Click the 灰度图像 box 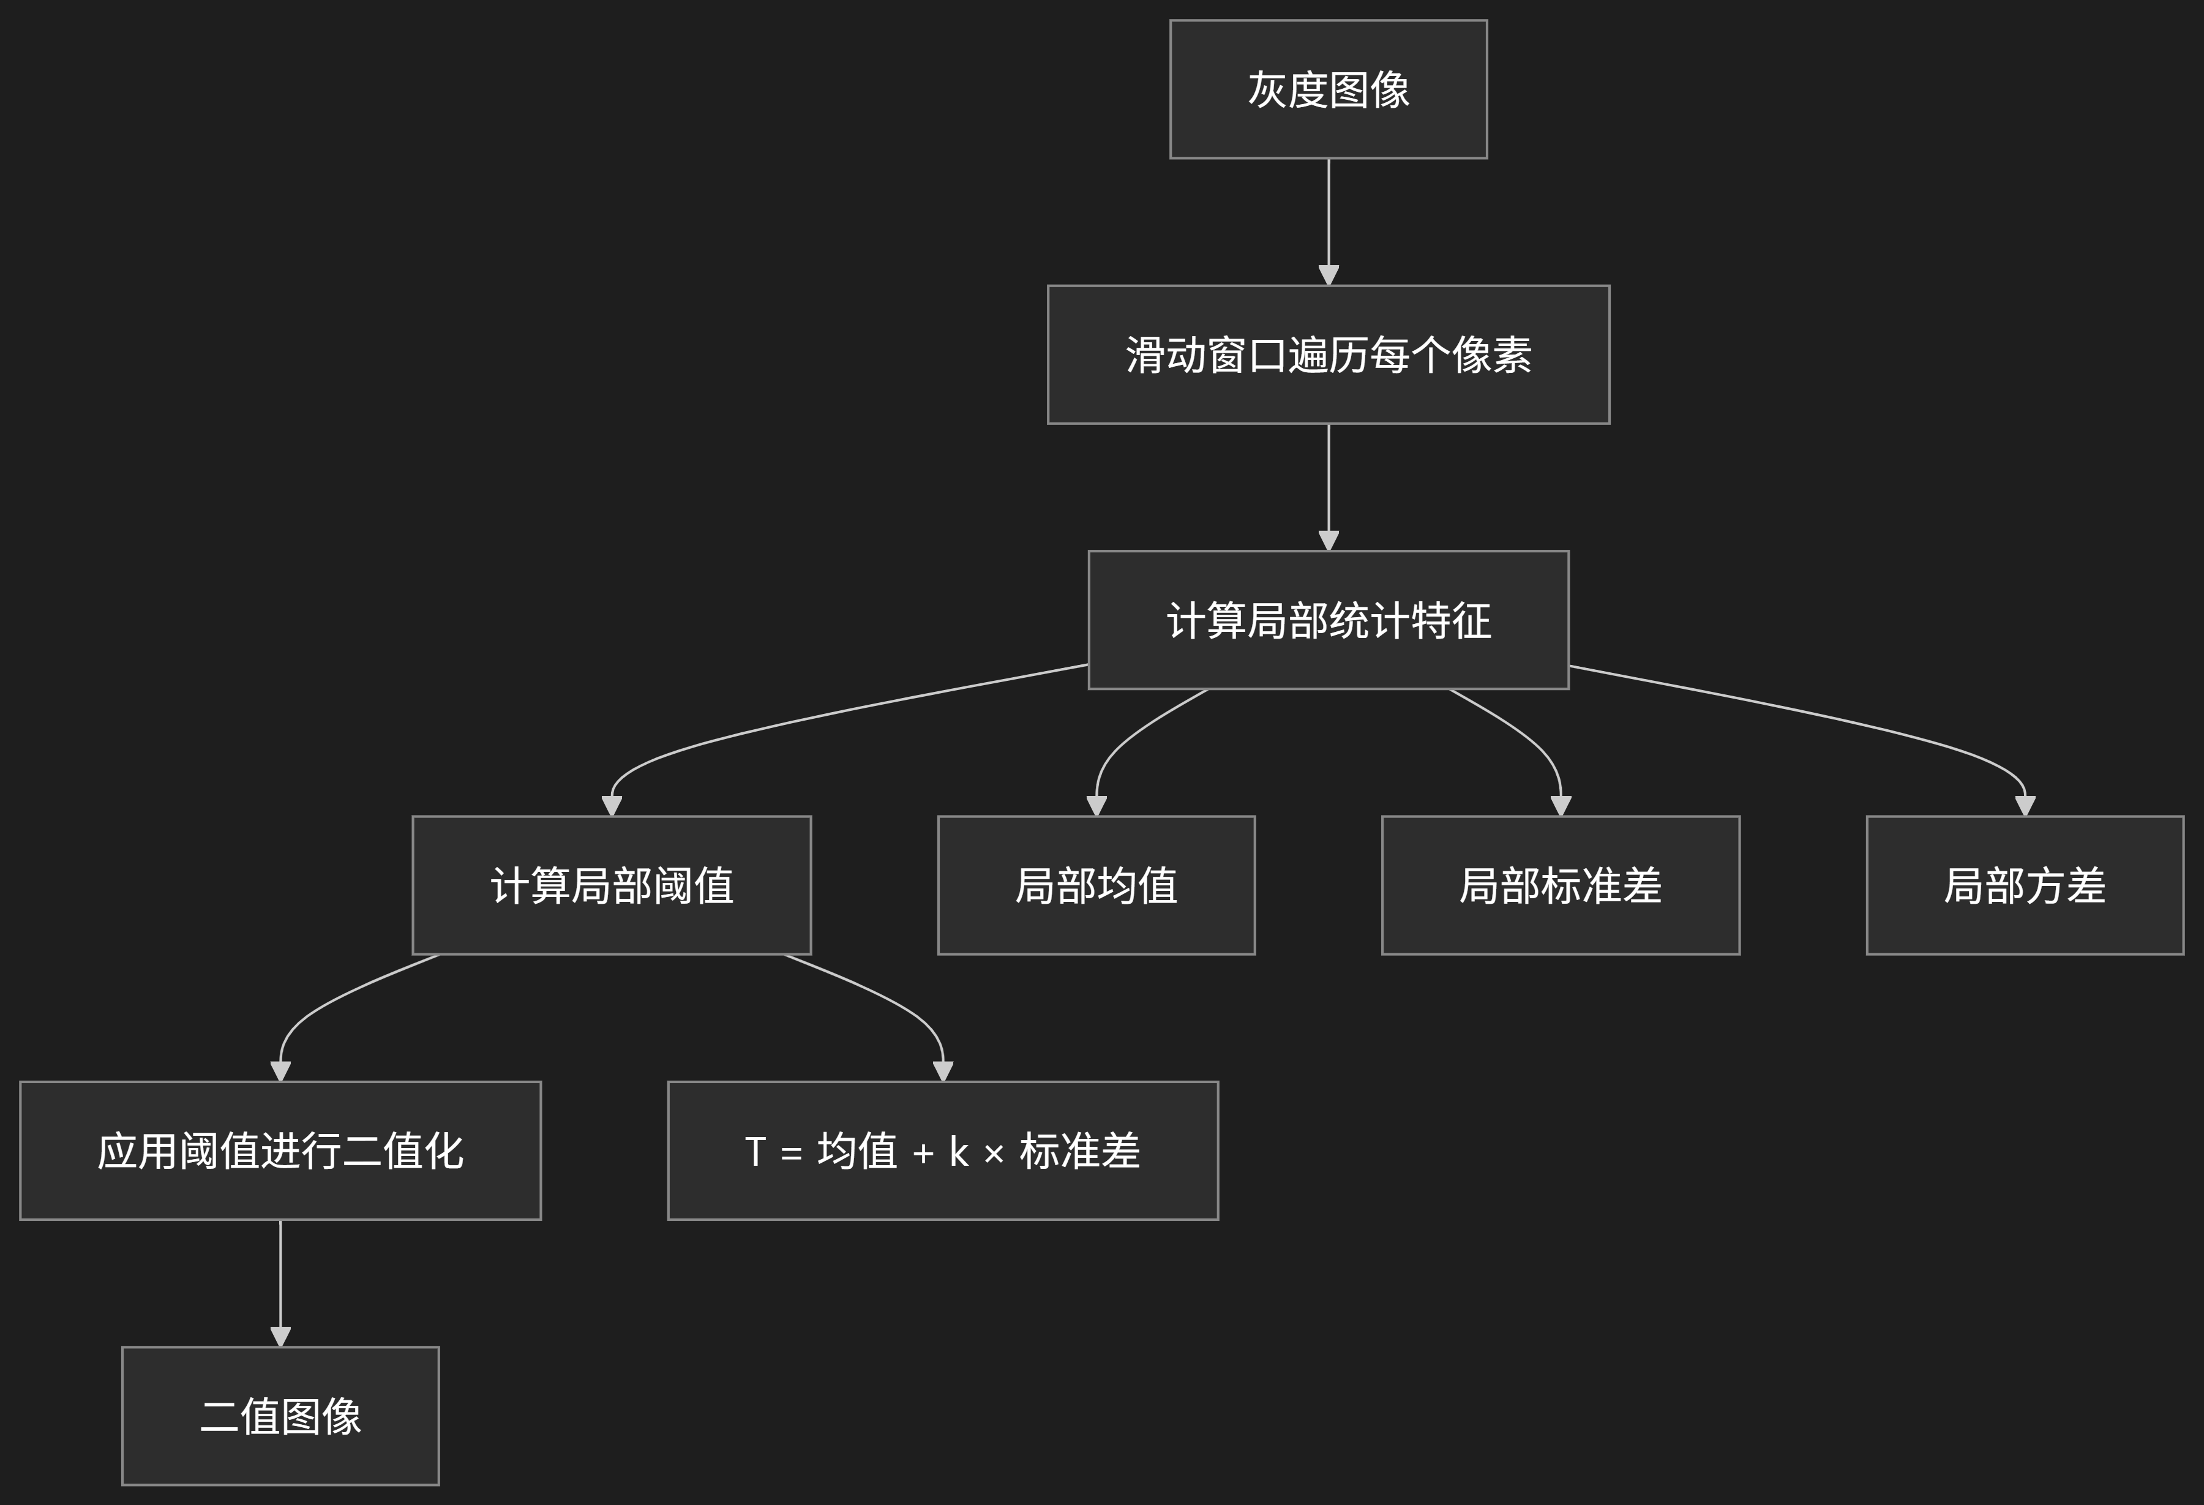(x=1328, y=89)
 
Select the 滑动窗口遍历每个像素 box (x=1328, y=355)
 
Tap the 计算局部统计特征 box (x=1328, y=620)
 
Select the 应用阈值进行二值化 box (x=280, y=1151)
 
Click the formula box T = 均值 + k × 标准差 (x=943, y=1151)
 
